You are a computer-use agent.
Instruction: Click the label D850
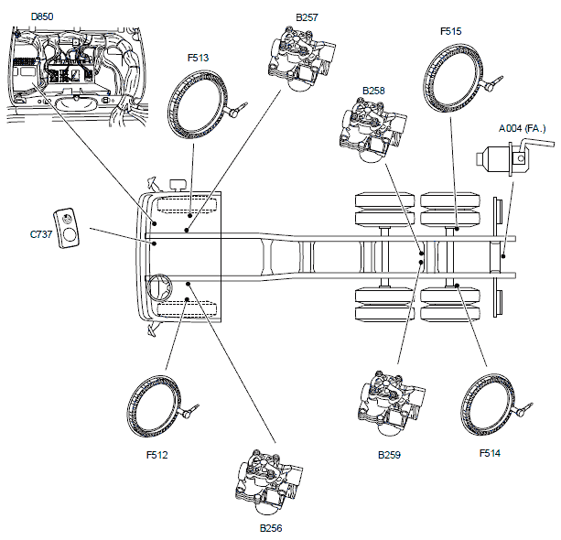point(41,16)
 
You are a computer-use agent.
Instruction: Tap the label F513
point(198,58)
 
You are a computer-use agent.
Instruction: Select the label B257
point(307,17)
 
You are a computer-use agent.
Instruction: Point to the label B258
point(373,92)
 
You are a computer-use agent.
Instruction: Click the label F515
point(450,31)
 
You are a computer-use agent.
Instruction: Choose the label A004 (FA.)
point(523,129)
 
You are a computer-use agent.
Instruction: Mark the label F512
point(157,452)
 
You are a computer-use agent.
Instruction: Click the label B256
point(271,528)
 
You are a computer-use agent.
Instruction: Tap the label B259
point(391,454)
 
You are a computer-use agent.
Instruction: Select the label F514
point(490,452)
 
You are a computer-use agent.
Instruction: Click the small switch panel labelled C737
point(67,227)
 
